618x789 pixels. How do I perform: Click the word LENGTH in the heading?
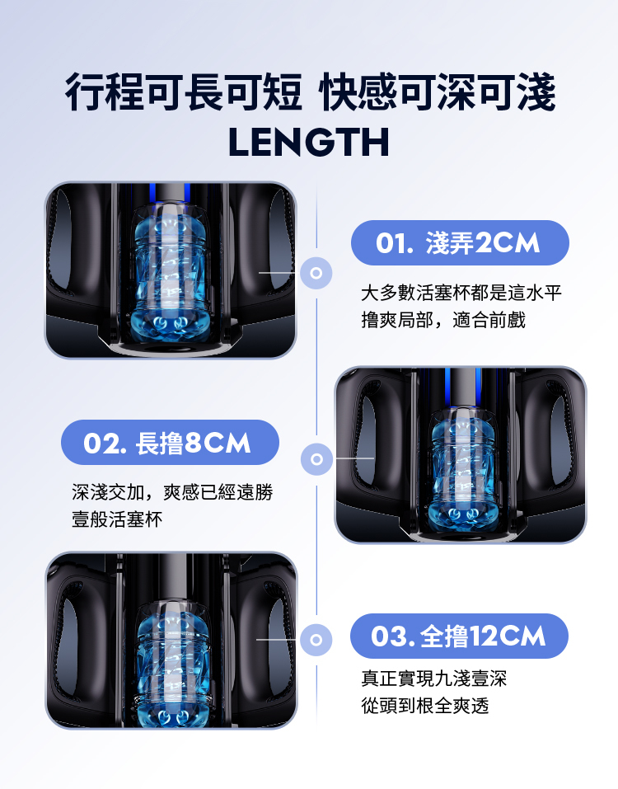point(309,141)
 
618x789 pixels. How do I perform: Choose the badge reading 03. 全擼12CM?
point(459,636)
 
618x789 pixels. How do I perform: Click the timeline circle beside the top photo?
point(316,271)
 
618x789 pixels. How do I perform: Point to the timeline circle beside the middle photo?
point(316,457)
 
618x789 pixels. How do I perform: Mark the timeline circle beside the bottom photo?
point(316,639)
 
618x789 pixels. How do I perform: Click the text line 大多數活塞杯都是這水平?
point(461,293)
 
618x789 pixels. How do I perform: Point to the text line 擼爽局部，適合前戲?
point(443,319)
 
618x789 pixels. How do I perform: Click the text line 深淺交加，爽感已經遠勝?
point(171,493)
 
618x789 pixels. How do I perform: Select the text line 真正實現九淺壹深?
point(433,679)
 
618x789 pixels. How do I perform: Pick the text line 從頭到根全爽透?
point(424,706)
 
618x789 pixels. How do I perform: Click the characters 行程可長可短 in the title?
point(184,92)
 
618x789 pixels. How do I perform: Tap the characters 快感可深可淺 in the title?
point(438,92)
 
